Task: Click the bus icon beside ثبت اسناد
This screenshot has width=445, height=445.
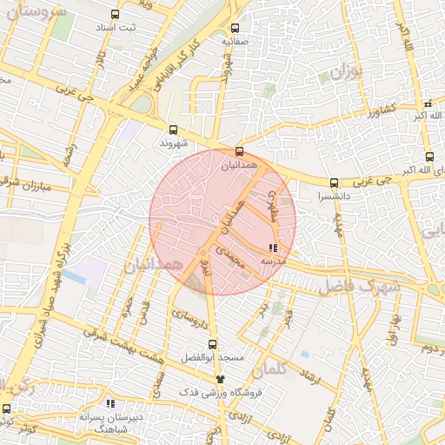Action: pos(116,15)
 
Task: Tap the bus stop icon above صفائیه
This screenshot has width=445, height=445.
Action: pos(236,27)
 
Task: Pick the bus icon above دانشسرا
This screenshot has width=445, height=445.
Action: pos(335,183)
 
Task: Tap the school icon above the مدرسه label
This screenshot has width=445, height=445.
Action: pos(274,249)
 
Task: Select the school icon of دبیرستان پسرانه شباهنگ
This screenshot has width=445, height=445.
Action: pos(110,403)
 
